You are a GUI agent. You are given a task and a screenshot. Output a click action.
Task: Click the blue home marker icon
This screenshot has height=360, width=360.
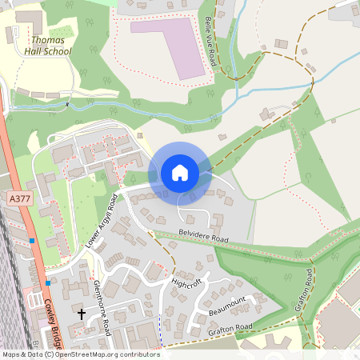pos(179,173)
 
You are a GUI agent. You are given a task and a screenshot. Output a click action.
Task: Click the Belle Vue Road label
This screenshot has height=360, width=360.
pos(212,40)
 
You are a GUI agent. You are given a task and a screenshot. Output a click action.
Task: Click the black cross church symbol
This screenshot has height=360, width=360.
pos(81,314)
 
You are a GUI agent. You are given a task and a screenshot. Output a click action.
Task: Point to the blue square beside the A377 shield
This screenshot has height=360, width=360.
pos(32,240)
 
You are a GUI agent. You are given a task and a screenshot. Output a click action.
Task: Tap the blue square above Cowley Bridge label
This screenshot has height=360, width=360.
pos(48,282)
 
